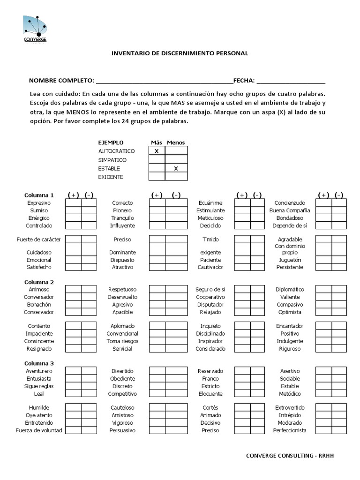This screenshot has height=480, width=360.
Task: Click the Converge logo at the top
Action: [x=35, y=29]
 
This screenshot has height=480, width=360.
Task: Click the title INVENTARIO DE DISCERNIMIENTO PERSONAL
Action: [x=180, y=53]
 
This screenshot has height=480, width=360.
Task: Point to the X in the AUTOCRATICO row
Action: [x=157, y=151]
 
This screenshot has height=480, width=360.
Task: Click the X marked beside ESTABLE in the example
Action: [x=176, y=168]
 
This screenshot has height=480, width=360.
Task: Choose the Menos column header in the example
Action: [x=176, y=142]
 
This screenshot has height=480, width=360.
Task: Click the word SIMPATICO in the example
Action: [x=112, y=160]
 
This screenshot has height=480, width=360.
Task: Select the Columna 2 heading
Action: [x=39, y=282]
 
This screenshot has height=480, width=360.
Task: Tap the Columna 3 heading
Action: [x=39, y=363]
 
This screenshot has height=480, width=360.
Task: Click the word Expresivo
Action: [x=39, y=203]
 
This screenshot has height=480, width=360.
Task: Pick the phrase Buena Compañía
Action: [x=290, y=210]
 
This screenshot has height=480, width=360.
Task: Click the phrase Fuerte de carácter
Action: [x=38, y=239]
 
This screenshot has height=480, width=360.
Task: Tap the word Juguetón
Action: [x=290, y=260]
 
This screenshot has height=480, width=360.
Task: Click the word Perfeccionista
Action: [x=290, y=430]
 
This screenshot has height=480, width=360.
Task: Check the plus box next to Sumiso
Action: [x=73, y=210]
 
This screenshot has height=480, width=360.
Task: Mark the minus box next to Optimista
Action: [x=339, y=312]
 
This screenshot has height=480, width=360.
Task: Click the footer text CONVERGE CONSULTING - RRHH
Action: [x=291, y=456]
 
